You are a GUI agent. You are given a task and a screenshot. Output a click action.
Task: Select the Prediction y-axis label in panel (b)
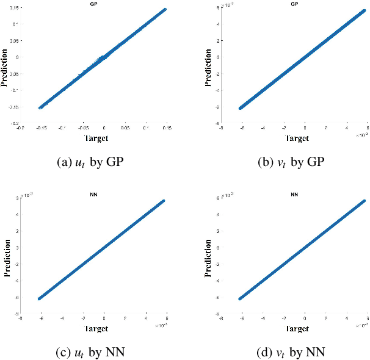coord(205,65)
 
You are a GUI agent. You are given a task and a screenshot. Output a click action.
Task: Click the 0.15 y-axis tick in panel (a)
coord(13,7)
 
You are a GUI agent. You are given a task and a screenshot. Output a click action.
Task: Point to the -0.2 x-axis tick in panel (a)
coord(20,129)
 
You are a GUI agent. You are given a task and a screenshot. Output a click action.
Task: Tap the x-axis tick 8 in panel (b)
coord(368,129)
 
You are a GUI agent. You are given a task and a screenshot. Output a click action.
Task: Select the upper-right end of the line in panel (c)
coord(164,201)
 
